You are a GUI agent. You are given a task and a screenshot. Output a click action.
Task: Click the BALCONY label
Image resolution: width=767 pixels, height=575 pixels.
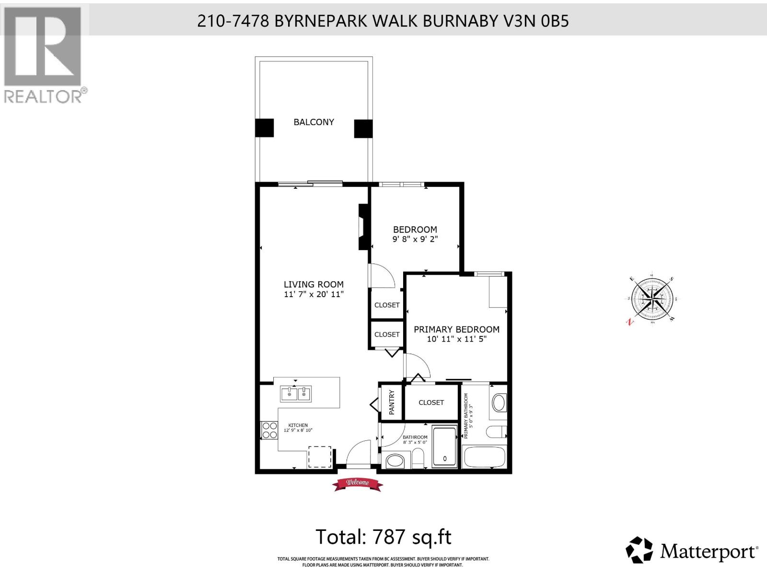point(314,122)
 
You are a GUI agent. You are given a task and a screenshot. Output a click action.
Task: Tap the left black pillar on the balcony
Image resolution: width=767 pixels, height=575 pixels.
point(264,128)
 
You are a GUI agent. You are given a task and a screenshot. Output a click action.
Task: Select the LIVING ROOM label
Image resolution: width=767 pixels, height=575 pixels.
point(314,284)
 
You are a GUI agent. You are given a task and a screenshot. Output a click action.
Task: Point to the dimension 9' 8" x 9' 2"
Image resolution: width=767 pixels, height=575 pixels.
point(415,239)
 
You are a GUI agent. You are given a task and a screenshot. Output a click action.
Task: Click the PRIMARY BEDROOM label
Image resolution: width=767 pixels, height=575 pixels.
point(456,329)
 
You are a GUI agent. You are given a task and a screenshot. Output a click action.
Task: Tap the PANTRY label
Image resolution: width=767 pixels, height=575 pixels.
point(392,402)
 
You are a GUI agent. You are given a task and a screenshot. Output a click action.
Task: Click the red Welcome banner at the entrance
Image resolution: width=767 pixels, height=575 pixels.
point(358,483)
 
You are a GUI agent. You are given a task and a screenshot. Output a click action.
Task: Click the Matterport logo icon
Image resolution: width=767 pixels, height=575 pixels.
point(640,552)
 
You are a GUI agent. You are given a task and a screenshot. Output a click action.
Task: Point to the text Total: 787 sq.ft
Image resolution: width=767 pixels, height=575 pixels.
point(383,537)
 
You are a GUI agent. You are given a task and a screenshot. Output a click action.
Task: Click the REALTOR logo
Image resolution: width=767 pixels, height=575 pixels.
point(43,55)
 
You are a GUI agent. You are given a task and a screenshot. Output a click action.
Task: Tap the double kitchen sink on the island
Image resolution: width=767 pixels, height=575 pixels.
point(296,394)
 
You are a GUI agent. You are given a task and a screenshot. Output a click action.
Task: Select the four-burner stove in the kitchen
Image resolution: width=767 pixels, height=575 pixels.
point(269,430)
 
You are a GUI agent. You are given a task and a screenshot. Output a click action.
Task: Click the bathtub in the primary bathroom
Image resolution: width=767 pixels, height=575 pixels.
point(484,458)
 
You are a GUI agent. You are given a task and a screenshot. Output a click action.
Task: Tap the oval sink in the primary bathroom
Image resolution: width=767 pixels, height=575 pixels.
point(499,403)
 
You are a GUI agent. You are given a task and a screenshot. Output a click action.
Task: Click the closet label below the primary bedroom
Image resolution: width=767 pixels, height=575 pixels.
point(431,402)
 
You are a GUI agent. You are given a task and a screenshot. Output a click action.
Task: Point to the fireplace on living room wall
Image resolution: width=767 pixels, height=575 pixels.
point(363,227)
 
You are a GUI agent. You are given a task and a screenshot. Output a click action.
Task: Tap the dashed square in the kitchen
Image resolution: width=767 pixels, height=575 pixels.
point(319,457)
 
